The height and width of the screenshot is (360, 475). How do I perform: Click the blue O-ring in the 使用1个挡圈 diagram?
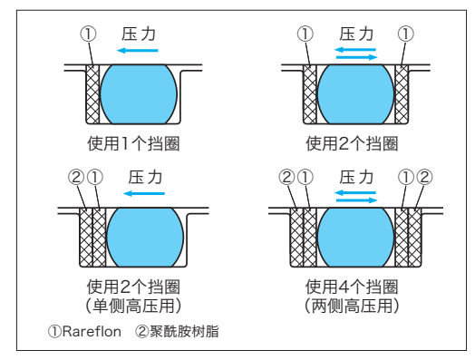click(138, 94)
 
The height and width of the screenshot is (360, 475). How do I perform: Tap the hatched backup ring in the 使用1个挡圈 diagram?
click(92, 94)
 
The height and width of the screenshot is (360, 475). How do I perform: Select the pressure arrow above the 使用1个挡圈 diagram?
click(138, 50)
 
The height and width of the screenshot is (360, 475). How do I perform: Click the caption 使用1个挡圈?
click(133, 143)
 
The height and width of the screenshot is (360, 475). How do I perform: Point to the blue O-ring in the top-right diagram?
click(355, 94)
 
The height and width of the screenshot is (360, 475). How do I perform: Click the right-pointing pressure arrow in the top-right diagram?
click(357, 57)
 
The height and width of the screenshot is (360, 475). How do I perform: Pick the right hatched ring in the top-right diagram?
click(402, 94)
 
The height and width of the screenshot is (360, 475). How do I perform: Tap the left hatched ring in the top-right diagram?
click(310, 94)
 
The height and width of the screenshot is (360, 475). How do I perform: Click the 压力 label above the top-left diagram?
click(139, 34)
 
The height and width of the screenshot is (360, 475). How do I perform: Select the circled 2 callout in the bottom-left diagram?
click(76, 177)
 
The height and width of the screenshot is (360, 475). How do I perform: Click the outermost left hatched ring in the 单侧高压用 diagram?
click(86, 238)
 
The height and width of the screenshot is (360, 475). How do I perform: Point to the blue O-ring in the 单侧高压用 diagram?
click(145, 238)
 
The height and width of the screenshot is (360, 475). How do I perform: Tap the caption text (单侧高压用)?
click(133, 306)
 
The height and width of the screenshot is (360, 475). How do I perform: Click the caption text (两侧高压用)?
click(352, 306)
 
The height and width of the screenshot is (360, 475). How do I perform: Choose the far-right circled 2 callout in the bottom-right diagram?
click(425, 177)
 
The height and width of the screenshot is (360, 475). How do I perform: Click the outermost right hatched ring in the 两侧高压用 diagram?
click(414, 238)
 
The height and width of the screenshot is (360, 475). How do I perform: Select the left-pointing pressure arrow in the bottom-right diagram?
click(355, 193)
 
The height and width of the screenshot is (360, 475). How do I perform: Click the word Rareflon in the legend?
click(92, 331)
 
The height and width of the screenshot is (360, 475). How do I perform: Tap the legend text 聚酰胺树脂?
click(184, 331)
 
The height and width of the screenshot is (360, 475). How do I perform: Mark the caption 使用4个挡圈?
click(352, 287)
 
